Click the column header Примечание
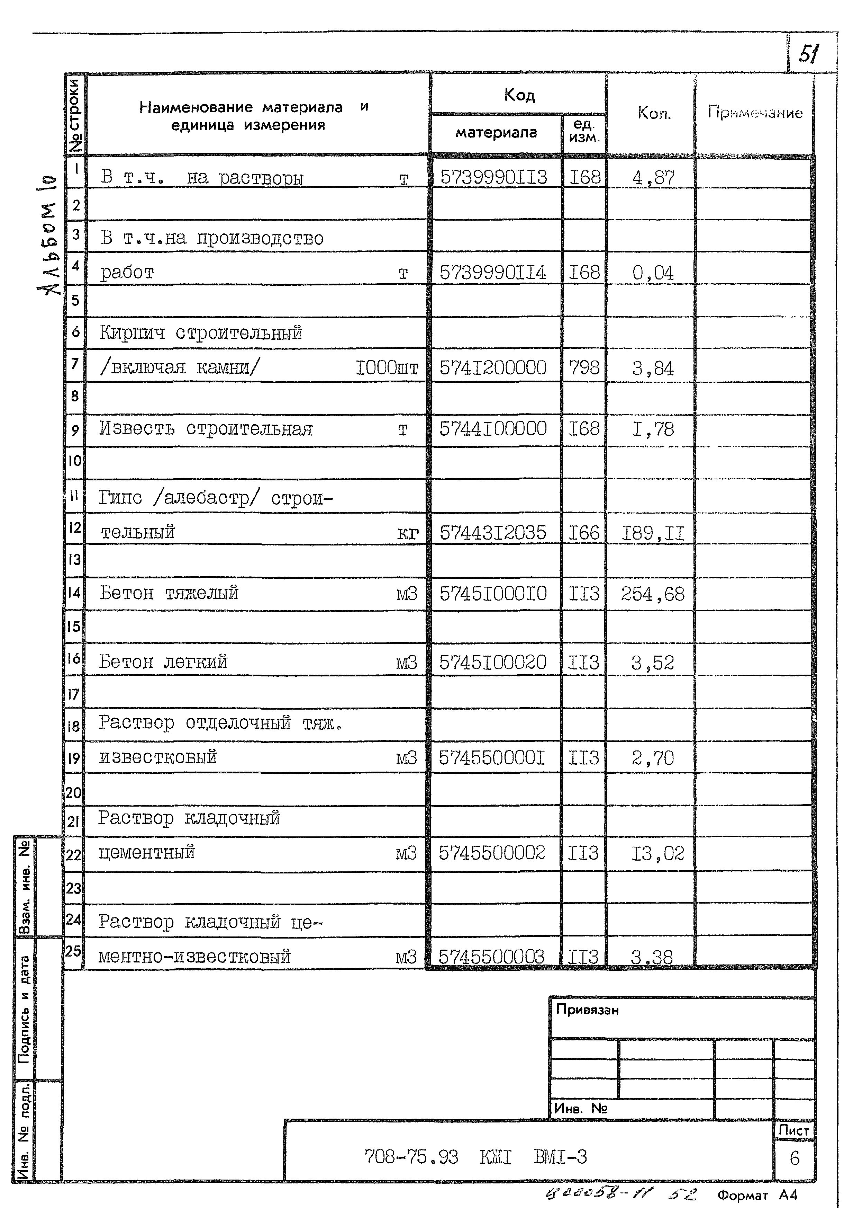(x=754, y=112)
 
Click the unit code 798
(x=584, y=367)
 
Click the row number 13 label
(x=74, y=559)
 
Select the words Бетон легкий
(x=163, y=662)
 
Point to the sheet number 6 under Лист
(x=794, y=1158)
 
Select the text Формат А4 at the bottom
(x=757, y=1195)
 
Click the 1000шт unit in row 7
(x=387, y=367)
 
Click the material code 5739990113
(x=493, y=177)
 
